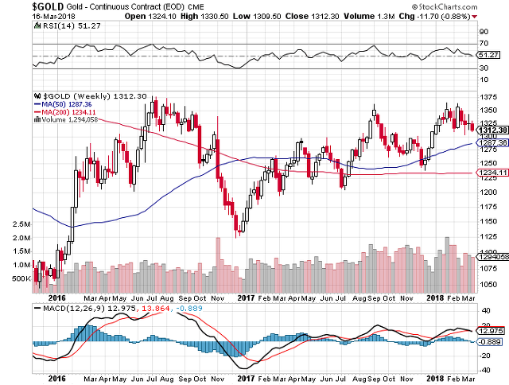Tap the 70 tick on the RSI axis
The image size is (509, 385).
point(483,43)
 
